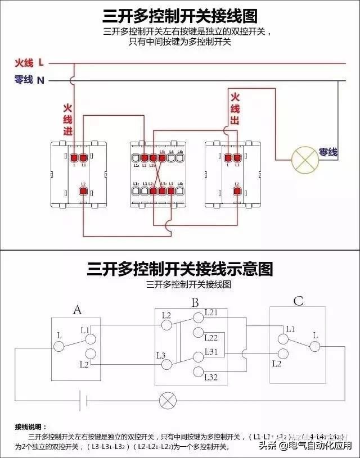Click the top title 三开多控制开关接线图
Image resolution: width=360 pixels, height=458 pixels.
tap(180, 15)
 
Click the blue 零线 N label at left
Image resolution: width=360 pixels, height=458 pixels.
tap(29, 80)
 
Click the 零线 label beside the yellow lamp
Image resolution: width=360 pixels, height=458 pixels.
tap(328, 152)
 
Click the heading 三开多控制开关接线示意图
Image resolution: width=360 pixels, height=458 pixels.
tap(180, 269)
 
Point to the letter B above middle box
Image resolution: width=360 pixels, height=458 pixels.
tap(195, 303)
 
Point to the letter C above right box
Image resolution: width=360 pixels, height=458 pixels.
tap(298, 302)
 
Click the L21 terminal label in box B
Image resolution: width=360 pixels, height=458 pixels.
tap(211, 312)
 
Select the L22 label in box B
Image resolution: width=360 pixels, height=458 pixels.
tap(211, 338)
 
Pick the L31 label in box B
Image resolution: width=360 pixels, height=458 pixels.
tap(211, 351)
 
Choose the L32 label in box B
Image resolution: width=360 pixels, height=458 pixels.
tap(211, 377)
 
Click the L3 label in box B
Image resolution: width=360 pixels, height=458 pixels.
tap(161, 355)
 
